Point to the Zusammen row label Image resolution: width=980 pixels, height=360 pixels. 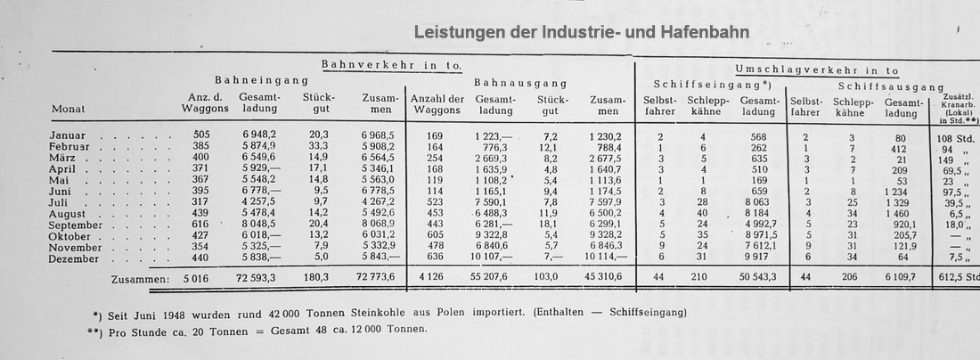pos(135,279)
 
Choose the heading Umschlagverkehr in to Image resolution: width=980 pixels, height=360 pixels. pos(817,70)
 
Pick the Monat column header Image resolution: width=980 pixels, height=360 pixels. pos(69,110)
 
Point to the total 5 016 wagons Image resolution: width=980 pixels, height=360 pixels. pos(198,279)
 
